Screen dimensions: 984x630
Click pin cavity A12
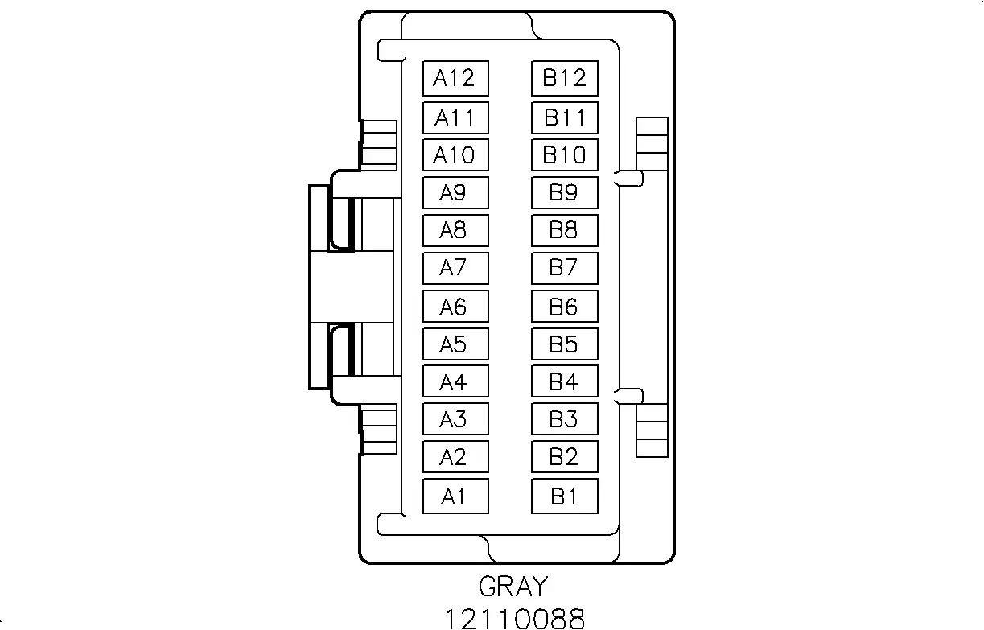coord(455,78)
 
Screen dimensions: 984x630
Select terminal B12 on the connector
coord(565,78)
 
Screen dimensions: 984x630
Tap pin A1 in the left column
coord(455,496)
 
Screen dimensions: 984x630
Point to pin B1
coord(565,496)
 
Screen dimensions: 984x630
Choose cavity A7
coord(455,268)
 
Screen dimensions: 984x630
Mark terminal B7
coord(565,268)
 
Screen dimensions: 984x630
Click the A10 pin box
coord(455,154)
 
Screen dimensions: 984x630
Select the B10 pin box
coord(565,154)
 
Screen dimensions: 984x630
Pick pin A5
coord(455,344)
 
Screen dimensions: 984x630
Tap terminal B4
coord(565,381)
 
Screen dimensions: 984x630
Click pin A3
coord(455,418)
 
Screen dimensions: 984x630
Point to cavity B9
coord(565,192)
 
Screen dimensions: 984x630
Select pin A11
coord(455,117)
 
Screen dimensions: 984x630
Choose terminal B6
coord(565,307)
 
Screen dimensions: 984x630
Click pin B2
coord(565,456)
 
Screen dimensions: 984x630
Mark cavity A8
coord(455,230)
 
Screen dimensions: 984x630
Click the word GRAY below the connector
coord(513,586)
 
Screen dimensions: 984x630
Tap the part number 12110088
coord(515,619)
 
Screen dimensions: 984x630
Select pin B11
coord(565,117)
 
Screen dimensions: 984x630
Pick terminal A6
coord(455,307)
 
